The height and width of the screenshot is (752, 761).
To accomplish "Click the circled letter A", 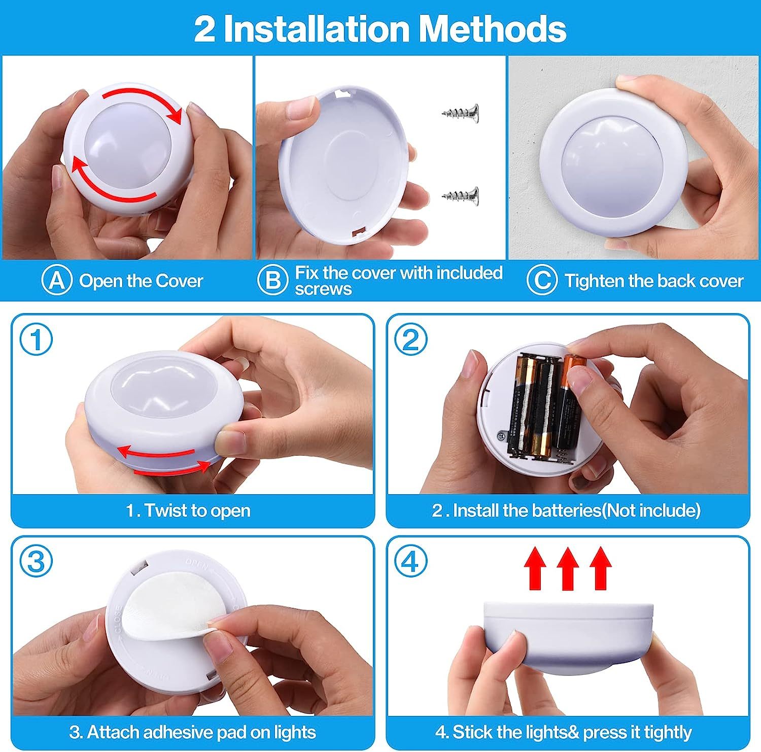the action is (57, 280).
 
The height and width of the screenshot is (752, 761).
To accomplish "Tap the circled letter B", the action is (273, 280).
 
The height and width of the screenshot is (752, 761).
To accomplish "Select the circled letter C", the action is (542, 280).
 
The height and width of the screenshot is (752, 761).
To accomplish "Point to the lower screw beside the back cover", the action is (461, 195).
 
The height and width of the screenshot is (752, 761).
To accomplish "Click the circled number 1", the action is (36, 340).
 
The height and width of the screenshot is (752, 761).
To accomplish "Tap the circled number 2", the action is (411, 340).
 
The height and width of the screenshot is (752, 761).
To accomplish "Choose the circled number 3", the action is (36, 562).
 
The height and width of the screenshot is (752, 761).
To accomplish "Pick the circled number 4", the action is (411, 562).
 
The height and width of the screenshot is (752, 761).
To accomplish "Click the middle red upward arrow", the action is (568, 568).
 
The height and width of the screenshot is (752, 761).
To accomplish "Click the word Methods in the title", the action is (492, 29).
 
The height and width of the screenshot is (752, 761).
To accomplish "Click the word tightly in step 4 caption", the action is (668, 733).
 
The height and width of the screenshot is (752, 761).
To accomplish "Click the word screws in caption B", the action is (323, 289).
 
